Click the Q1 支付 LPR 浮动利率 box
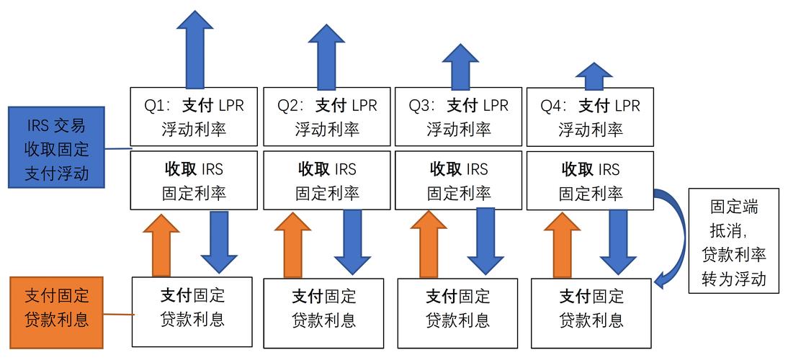tap(194, 117)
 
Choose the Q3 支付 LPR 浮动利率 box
tap(459, 117)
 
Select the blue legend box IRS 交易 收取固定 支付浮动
tap(56, 148)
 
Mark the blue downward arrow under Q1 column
tap(219, 242)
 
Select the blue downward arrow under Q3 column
tap(485, 242)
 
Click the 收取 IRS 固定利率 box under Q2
tap(326, 181)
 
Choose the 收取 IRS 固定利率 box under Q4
tap(590, 181)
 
